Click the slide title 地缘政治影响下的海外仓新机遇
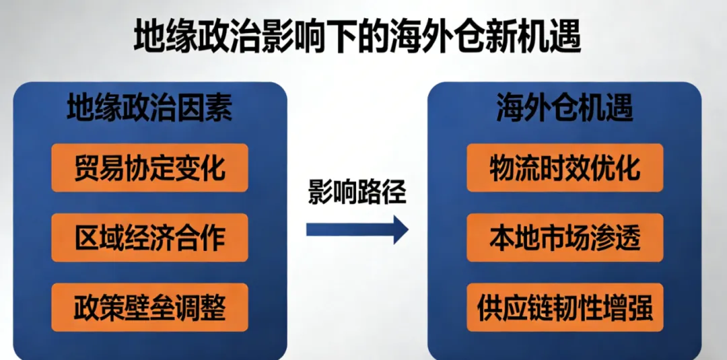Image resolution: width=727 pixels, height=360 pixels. point(357,36)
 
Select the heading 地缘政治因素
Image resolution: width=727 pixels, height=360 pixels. point(149,109)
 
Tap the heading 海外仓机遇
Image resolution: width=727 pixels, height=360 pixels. point(565,109)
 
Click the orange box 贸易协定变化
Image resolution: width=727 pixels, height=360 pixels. point(149,168)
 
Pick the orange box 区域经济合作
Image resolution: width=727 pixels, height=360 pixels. point(149,238)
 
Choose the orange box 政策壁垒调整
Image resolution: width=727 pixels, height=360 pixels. point(149,308)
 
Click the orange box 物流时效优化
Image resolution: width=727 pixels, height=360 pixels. point(565,168)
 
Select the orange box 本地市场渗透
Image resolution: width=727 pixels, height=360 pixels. point(565,238)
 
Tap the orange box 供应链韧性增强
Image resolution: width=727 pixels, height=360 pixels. point(565,308)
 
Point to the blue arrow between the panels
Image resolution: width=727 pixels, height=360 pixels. point(357,229)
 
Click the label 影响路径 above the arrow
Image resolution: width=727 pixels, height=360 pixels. point(357,191)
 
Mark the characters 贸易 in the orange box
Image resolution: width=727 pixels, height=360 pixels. point(99,168)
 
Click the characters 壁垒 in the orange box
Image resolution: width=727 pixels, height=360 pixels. point(149,308)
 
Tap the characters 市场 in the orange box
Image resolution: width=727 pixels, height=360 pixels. point(565,238)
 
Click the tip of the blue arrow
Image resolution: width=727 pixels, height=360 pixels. point(409,229)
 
